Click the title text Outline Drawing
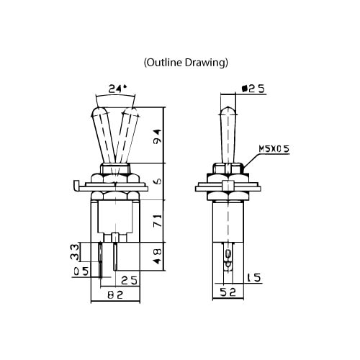point(186,63)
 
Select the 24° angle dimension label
point(117,89)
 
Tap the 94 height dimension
point(157,136)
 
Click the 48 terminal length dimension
point(157,256)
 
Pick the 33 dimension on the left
point(75,252)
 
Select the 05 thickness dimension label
point(81,271)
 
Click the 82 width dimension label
point(115,294)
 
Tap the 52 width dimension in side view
point(228,292)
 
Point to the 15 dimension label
point(253,278)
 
